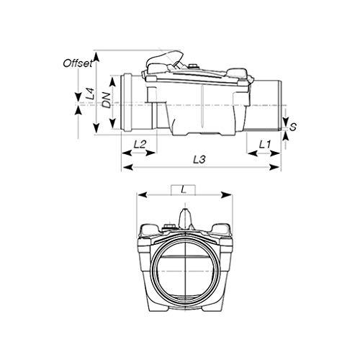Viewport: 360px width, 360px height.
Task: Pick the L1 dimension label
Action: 264,144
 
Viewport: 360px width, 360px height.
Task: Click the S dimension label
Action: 294,127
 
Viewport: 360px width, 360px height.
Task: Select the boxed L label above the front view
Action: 185,190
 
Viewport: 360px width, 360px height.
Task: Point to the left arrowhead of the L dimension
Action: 142,195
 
